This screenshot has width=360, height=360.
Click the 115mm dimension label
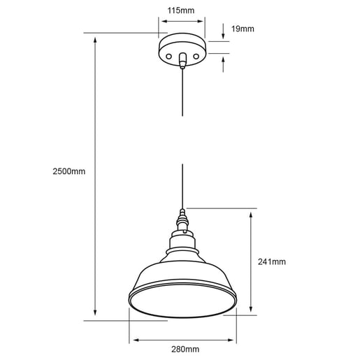click(x=182, y=11)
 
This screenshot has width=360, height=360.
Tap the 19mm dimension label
click(x=242, y=29)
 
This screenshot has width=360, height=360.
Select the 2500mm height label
click(x=69, y=171)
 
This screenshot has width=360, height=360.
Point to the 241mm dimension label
click(x=271, y=262)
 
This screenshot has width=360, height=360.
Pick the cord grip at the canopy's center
click(x=182, y=62)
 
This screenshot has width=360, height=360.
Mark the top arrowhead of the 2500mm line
click(x=94, y=38)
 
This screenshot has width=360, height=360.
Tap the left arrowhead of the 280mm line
click(x=133, y=340)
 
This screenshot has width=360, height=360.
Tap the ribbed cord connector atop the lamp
click(x=182, y=222)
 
